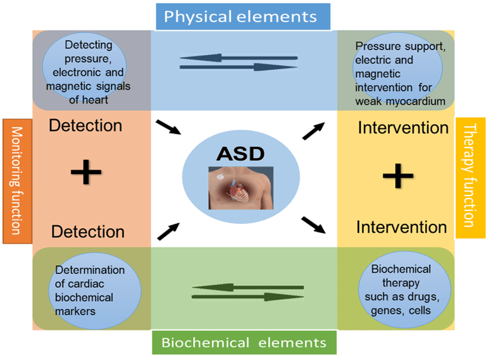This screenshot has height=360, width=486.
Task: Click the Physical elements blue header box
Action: (x=243, y=16)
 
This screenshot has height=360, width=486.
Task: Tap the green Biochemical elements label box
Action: (x=244, y=342)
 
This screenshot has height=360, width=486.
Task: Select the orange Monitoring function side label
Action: (x=17, y=181)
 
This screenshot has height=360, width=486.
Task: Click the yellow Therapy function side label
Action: (x=470, y=178)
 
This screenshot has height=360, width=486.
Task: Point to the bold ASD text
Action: (x=240, y=154)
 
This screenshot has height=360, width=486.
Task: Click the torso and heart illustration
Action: (x=241, y=188)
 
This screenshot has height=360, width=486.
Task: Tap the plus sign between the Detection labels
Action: (x=86, y=172)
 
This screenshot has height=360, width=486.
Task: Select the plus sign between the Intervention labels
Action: (x=398, y=176)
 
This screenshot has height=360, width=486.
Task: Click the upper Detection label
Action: (x=85, y=125)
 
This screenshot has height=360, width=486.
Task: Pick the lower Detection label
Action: (x=88, y=232)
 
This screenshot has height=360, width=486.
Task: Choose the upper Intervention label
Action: (x=403, y=128)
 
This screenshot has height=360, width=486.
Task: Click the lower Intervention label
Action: (x=402, y=227)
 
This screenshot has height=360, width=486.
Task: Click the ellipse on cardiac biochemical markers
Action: (x=95, y=291)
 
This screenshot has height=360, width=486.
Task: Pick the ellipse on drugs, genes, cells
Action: (x=404, y=289)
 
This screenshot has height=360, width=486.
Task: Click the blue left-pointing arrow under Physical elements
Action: (x=239, y=58)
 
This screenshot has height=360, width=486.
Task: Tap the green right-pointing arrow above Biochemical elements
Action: (x=247, y=297)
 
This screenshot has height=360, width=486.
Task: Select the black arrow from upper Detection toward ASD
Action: (x=168, y=127)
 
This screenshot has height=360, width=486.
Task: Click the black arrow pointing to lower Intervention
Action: (x=313, y=225)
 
